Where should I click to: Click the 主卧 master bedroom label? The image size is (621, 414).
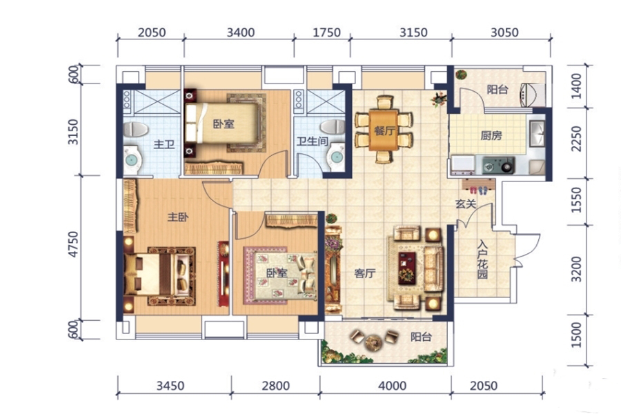(178, 217)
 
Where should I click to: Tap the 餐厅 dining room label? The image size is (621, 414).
(384, 130)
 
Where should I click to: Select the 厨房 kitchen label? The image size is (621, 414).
(491, 136)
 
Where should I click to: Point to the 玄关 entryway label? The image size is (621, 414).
(465, 204)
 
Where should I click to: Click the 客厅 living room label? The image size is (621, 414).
(365, 273)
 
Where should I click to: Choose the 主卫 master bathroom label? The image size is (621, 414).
(164, 144)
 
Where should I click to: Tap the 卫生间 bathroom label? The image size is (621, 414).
(312, 141)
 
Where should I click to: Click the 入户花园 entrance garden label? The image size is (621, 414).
(482, 259)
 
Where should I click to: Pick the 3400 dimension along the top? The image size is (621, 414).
(240, 32)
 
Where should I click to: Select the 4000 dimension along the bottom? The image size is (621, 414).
(392, 386)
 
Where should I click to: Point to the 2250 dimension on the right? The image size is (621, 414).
(577, 138)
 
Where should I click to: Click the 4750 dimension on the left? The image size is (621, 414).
(74, 244)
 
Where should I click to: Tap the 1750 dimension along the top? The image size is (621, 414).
(326, 32)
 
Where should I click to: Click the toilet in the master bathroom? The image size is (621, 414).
(135, 130)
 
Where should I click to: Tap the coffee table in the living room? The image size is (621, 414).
(406, 268)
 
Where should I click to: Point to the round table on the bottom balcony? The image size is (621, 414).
(373, 342)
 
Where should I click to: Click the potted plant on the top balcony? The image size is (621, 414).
(461, 75)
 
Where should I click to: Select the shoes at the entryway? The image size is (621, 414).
(479, 190)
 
